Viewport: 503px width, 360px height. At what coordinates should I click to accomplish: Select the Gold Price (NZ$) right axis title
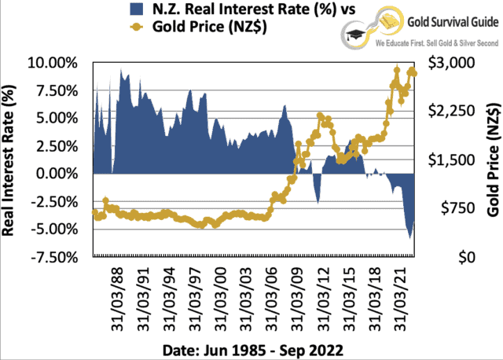[493, 160]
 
